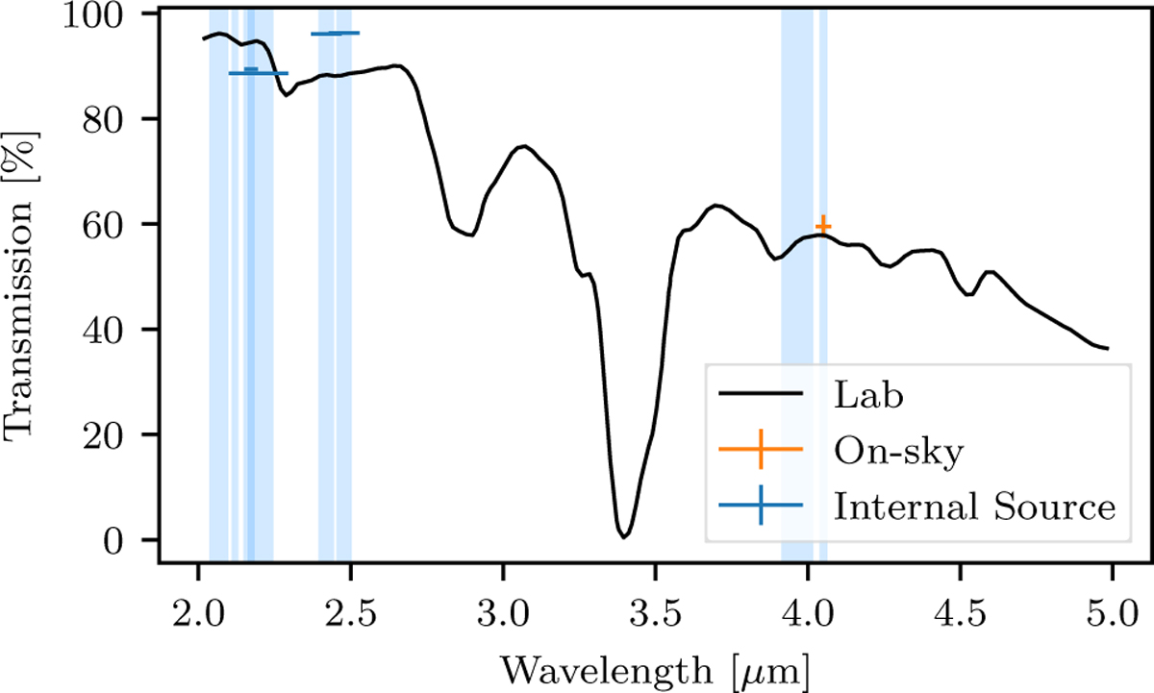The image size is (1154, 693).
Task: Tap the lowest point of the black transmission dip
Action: [x=623, y=535]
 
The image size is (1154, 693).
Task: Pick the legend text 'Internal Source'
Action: [x=974, y=506]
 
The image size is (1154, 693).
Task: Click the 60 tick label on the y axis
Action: [x=121, y=225]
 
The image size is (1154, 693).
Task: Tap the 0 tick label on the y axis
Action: [x=132, y=540]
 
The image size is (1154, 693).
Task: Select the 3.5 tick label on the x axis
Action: [x=654, y=610]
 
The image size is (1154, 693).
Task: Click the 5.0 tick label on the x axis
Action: [x=1112, y=610]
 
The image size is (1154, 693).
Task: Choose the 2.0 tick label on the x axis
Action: [x=197, y=610]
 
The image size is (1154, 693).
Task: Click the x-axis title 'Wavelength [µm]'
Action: [x=654, y=666]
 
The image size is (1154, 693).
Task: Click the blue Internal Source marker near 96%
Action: [x=335, y=34]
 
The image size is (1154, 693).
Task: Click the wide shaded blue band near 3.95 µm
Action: [x=797, y=288]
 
